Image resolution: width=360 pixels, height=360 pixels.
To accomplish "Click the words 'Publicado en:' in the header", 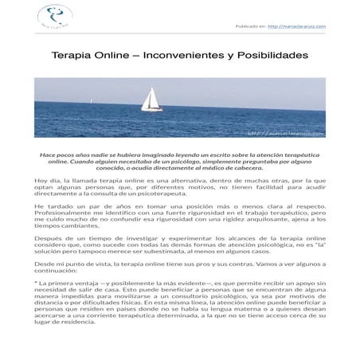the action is [x=251, y=25].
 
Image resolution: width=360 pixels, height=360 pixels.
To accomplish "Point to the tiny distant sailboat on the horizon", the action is [x=94, y=100].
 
